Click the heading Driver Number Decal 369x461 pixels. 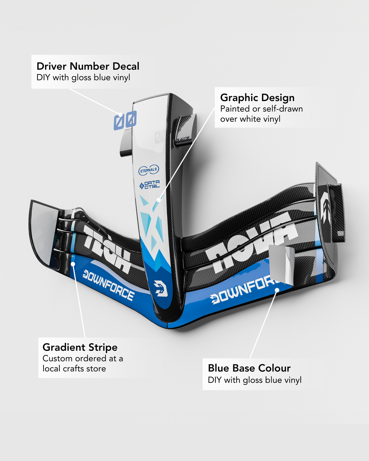point(88,66)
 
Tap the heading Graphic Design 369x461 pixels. point(257,98)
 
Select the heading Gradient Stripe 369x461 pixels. point(80,347)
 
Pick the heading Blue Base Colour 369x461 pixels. point(249,368)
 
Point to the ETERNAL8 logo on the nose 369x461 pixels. point(148,170)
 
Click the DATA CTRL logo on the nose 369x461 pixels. point(149,185)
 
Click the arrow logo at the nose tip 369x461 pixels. point(161,288)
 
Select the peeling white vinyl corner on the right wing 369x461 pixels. point(281,263)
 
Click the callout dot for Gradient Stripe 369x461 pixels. point(73,264)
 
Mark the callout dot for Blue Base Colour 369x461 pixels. point(277,290)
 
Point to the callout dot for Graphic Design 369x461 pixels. point(159,200)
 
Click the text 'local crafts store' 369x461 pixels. point(74,369)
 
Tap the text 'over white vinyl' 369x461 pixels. point(250,119)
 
